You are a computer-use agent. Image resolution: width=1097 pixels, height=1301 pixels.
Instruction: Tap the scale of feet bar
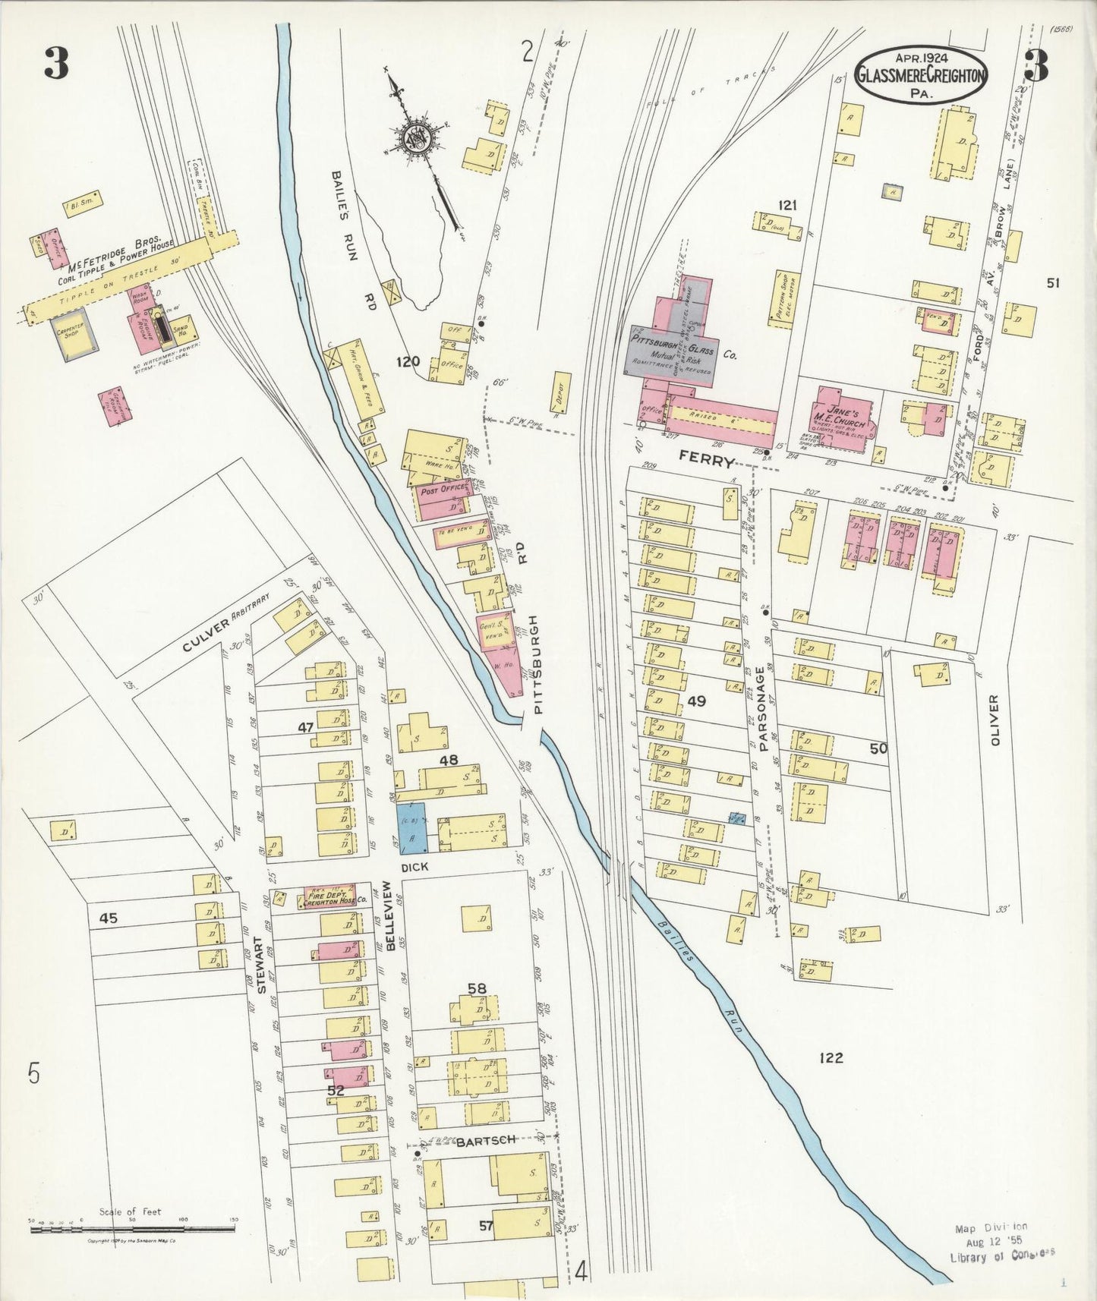point(133,1227)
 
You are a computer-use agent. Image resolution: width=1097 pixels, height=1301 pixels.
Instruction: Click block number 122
point(831,1057)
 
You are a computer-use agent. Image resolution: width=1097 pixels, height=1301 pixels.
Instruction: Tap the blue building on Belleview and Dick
point(413,830)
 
